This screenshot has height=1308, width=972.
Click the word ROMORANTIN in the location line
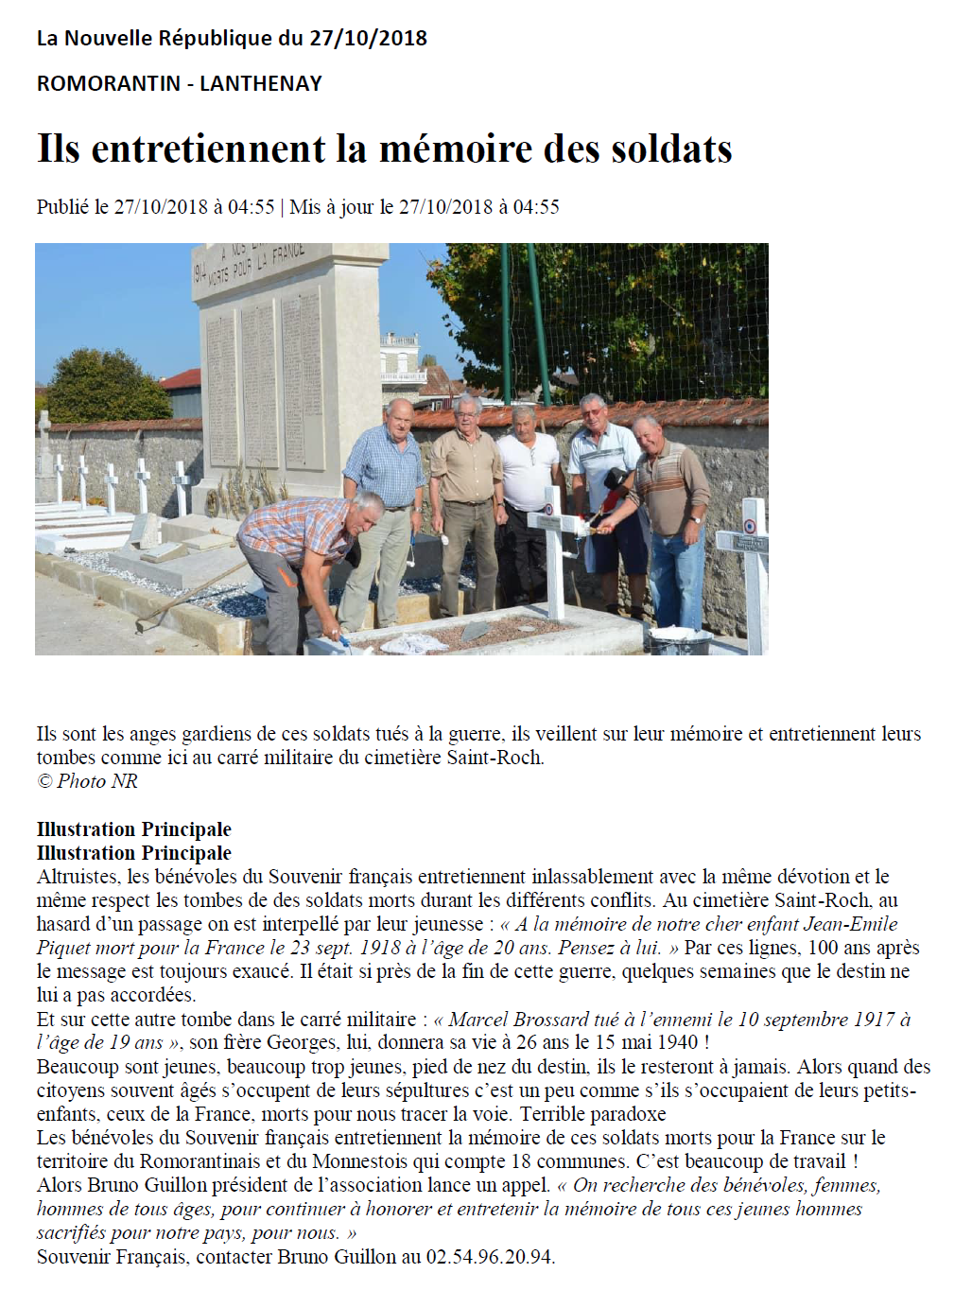pos(108,83)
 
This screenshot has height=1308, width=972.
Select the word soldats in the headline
pos(671,149)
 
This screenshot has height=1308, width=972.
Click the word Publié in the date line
pos(62,207)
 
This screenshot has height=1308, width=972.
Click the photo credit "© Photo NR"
pos(87,781)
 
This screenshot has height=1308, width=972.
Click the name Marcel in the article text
pos(478,1020)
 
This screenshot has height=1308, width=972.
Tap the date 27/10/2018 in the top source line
pos(368,39)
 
